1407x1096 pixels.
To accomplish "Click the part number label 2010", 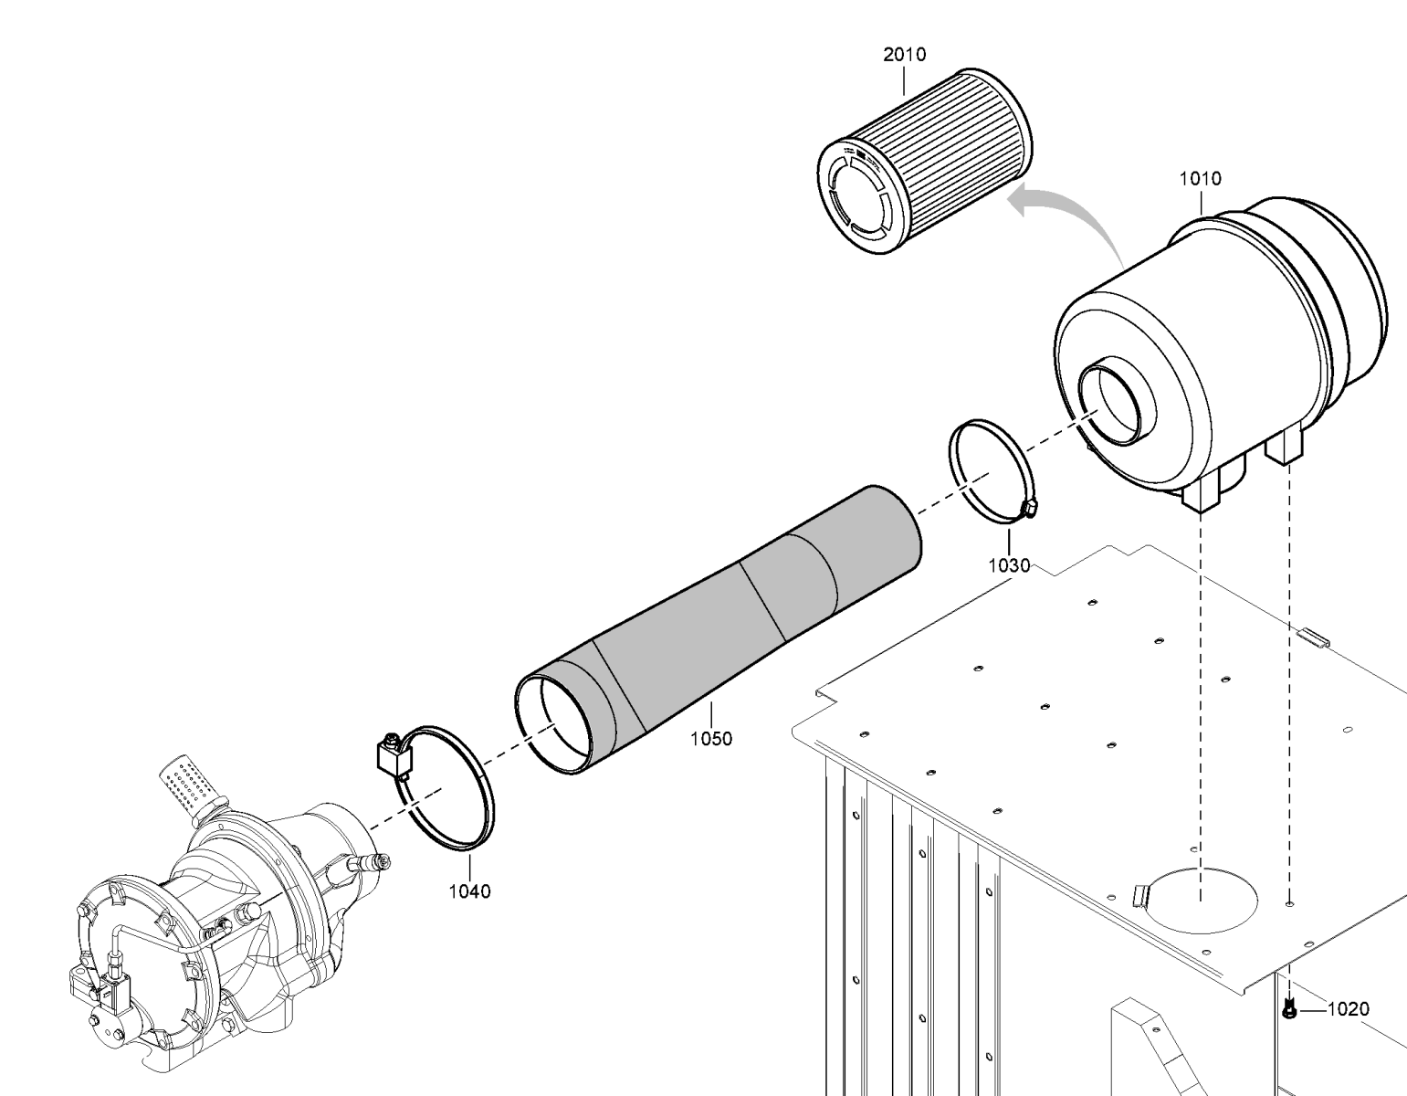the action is pos(905,55).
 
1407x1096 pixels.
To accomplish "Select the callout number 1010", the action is pos(1200,179).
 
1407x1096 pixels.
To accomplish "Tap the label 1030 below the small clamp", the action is pos(1009,565).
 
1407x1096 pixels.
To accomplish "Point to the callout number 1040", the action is pos(469,891).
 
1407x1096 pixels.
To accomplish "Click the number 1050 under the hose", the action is pos(711,739).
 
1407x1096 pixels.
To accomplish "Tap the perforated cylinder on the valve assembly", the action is pos(190,785).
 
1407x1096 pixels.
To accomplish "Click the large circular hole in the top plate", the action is pos(1202,901).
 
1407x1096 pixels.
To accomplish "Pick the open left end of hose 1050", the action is pos(553,724).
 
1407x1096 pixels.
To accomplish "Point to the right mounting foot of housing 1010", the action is pos(1284,447).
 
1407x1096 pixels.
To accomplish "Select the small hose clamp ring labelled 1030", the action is pos(991,469).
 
